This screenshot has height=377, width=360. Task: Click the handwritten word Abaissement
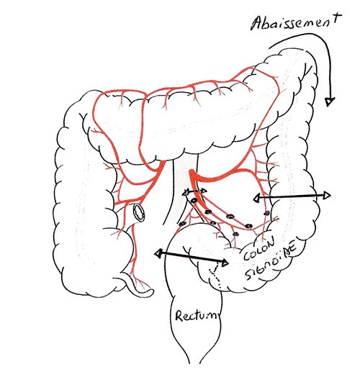coord(295,22)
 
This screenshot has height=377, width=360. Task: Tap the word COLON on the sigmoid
coord(258,248)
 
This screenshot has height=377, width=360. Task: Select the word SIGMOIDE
coord(270,263)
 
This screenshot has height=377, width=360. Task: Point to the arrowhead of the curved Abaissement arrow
coord(330,101)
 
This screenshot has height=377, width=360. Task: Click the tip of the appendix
coord(151,291)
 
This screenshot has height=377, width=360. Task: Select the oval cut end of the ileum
coord(140,212)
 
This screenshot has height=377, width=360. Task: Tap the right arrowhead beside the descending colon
coord(327,196)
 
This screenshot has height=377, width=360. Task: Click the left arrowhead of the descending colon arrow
coord(257,198)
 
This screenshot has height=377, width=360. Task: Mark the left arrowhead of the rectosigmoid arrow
coord(158,253)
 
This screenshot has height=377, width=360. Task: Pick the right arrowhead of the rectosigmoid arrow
coord(225,263)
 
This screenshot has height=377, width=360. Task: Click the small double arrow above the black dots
coord(195,191)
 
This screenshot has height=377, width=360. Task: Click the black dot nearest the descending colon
coord(266,213)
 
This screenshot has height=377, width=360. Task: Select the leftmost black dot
coord(182,224)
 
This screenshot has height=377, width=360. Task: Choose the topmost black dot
coord(194,200)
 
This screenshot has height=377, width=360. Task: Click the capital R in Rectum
coord(180,315)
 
